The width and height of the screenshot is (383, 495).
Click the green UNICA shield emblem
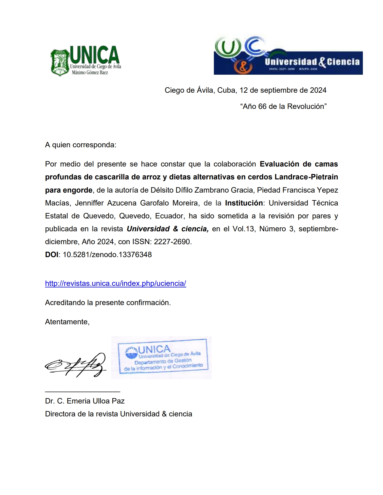coord(60,62)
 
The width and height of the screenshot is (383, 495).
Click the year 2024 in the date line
coord(318,90)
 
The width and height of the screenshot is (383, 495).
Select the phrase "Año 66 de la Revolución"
coord(283,106)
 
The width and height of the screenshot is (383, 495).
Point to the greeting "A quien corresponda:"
coord(81,145)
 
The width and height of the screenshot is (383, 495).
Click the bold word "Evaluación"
coord(279,164)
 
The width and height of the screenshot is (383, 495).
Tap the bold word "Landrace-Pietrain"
coord(306,177)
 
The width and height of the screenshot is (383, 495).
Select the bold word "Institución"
coord(244,203)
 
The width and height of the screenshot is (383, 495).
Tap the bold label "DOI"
coord(52,255)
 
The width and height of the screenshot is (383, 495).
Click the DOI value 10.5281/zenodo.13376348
coord(107,255)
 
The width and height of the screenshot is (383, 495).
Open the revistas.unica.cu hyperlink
coord(115,283)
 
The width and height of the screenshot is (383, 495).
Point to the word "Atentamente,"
coord(67,322)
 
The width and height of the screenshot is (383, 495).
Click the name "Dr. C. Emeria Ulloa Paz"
coord(85,401)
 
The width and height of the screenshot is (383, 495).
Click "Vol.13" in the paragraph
coord(243,229)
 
